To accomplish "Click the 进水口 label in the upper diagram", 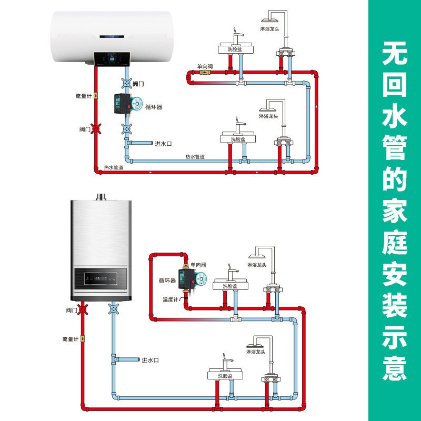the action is coord(163,144).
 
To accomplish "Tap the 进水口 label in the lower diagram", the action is coord(150,360).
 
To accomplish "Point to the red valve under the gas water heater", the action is coord(83,309).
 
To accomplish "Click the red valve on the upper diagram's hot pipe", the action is coord(96,129).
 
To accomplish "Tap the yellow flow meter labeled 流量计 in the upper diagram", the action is coord(96,96).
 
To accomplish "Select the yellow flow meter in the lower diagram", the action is coord(83,339).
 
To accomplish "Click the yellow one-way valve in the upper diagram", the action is coord(204,72).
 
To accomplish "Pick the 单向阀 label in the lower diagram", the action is coord(198,265).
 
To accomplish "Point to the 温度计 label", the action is coord(171,299).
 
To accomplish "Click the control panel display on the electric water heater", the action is coord(112,59).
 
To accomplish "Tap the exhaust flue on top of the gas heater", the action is coord(101,197).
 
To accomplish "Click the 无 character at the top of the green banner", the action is coord(394,54).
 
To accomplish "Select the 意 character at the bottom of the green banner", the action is coord(394,367).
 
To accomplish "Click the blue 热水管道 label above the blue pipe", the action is coord(195,156).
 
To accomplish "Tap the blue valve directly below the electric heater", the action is coord(126,83).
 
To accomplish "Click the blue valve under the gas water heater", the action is coord(114,309).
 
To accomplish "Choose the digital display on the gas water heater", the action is coord(101,278).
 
